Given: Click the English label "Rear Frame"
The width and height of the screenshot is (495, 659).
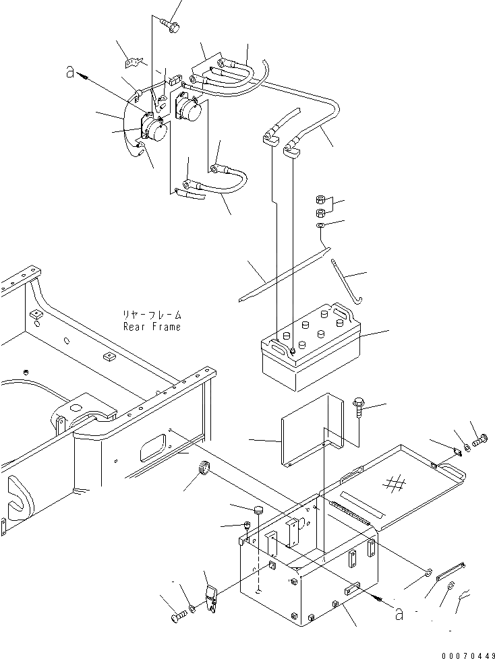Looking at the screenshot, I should (x=152, y=327).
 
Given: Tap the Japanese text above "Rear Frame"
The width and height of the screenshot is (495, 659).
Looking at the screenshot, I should (x=152, y=315).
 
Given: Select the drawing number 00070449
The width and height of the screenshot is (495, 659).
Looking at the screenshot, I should (x=465, y=652).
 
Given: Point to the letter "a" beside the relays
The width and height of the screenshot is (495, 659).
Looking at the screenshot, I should (x=71, y=72).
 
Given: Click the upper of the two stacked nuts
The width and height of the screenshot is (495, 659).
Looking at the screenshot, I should (x=321, y=199).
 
